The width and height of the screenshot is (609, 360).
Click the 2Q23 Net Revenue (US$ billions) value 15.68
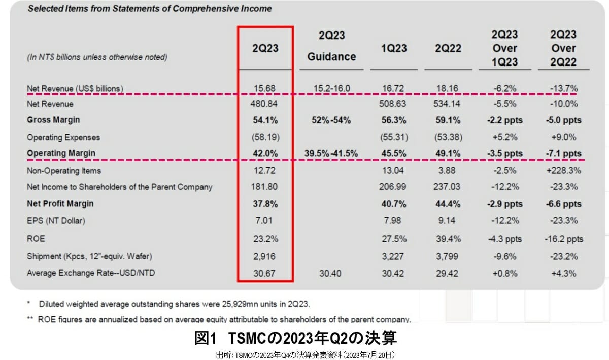coord(266,88)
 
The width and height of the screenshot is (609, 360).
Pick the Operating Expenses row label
coord(63,137)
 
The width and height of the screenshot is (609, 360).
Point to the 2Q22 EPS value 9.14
coord(447,220)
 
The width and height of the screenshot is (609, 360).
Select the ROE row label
coord(35,238)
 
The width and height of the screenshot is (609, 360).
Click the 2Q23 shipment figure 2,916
coord(266,256)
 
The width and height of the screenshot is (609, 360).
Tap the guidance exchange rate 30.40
coord(331,273)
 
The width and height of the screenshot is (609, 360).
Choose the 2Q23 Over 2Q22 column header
coord(563,48)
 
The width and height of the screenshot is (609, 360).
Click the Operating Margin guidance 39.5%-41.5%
coord(331,153)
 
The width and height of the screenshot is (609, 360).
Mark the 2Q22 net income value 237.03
coord(447,187)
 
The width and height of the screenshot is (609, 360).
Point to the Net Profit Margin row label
coord(60,204)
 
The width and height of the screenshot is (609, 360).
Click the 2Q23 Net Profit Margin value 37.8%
coord(266,204)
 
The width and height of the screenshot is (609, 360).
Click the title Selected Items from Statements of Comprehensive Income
coord(149,9)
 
